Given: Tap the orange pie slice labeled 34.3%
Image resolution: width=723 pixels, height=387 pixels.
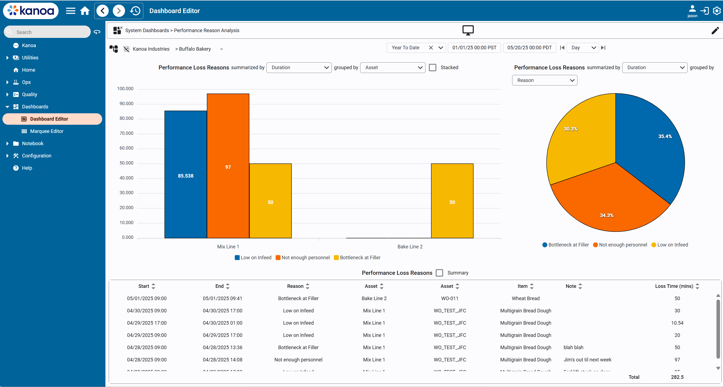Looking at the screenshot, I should (606, 202).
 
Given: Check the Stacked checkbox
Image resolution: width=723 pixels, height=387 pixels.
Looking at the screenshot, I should (433, 68).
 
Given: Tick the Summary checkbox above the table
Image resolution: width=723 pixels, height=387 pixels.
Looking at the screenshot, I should (439, 273).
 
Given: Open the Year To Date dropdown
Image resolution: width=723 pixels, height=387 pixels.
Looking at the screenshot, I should (441, 48).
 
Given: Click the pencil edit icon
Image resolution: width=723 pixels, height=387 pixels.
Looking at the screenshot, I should (715, 30).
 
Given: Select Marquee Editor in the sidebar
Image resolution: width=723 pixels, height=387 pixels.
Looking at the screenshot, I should (47, 131).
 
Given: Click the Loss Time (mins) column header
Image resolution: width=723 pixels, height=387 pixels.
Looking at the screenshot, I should (674, 286).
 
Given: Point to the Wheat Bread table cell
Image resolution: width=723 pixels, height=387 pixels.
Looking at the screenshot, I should (525, 298).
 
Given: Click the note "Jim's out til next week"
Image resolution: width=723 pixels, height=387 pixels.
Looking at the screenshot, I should (587, 359).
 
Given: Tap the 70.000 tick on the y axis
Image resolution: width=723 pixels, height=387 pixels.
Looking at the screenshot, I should (126, 133).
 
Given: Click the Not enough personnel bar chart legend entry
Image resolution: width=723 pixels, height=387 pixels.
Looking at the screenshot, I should (303, 258).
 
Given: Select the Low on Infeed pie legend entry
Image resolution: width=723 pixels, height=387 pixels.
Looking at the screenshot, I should (670, 245).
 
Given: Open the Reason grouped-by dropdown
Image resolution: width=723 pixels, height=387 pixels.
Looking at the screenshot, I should (545, 80).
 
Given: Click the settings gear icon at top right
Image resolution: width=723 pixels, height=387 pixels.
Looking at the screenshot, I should (716, 11).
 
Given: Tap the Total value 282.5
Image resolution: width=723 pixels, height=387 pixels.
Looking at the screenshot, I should (677, 377).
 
